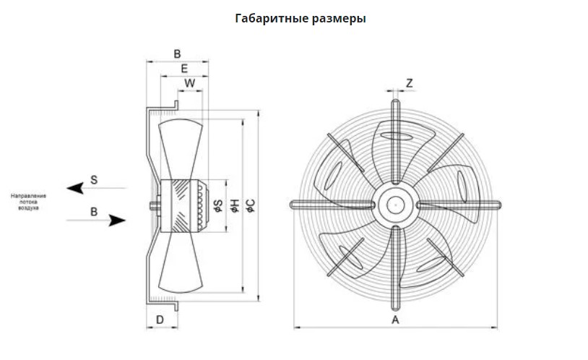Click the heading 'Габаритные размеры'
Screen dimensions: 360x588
(x=301, y=19)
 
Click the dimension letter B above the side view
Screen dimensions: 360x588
(x=177, y=53)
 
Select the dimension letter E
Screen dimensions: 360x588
(x=184, y=69)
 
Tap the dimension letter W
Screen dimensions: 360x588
(x=190, y=83)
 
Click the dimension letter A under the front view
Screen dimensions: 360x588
(x=395, y=319)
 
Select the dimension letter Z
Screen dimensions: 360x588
(x=410, y=83)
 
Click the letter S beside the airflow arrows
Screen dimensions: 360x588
(x=94, y=178)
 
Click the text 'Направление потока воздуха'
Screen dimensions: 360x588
(x=29, y=202)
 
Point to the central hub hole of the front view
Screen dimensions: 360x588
(x=395, y=205)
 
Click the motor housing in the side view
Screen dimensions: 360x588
(x=184, y=205)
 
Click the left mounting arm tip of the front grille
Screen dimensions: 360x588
(x=292, y=205)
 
